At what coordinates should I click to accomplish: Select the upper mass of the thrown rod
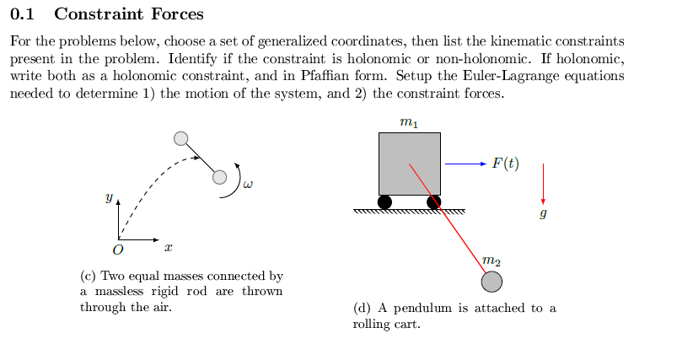(180, 139)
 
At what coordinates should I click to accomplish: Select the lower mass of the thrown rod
(220, 177)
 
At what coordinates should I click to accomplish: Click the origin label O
(117, 250)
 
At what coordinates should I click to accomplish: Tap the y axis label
(108, 198)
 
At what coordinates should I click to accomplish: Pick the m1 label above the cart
(408, 122)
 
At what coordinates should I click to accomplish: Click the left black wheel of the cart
(384, 202)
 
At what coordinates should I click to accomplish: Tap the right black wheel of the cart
(433, 202)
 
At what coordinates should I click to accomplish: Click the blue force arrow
(465, 163)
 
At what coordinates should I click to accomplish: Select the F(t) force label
(505, 163)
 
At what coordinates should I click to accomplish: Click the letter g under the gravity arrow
(543, 215)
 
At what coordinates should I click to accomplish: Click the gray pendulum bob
(492, 281)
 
